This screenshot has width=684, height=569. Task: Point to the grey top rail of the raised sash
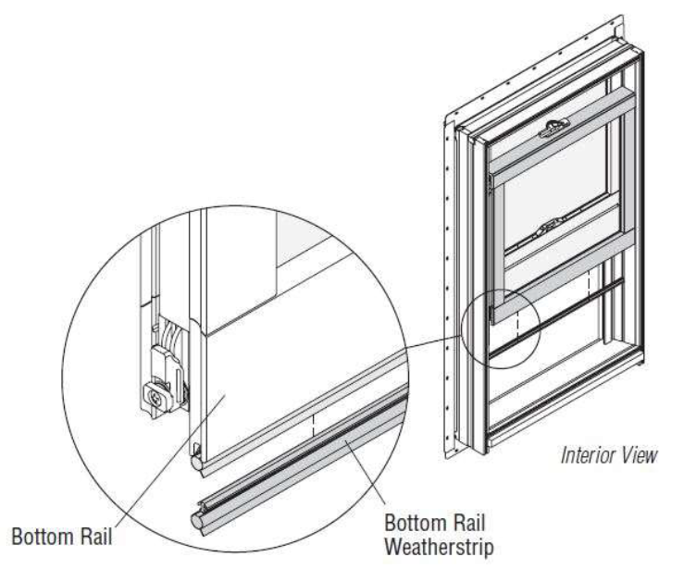click(565, 110)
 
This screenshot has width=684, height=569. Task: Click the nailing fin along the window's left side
click(454, 278)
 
